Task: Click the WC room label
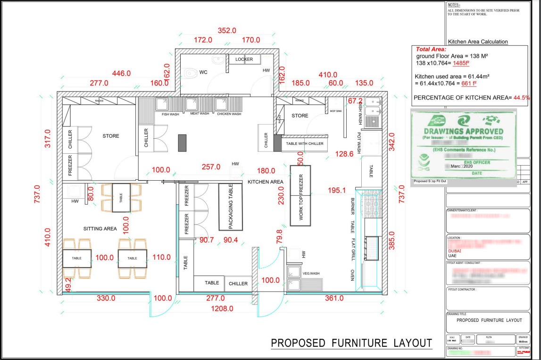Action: [203, 73]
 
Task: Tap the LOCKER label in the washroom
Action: [244, 59]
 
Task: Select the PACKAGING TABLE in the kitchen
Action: [231, 207]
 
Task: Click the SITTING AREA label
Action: [100, 229]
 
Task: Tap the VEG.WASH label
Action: [311, 273]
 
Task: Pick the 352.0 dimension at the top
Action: [226, 31]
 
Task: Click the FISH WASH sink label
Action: [170, 114]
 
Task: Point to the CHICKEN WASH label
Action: [229, 114]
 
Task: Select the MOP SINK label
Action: [336, 112]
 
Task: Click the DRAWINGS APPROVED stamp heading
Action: [463, 131]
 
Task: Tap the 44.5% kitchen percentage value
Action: [522, 97]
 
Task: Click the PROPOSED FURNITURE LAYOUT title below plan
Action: [351, 343]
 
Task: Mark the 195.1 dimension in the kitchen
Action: [337, 190]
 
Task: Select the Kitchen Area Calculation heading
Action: [478, 42]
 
